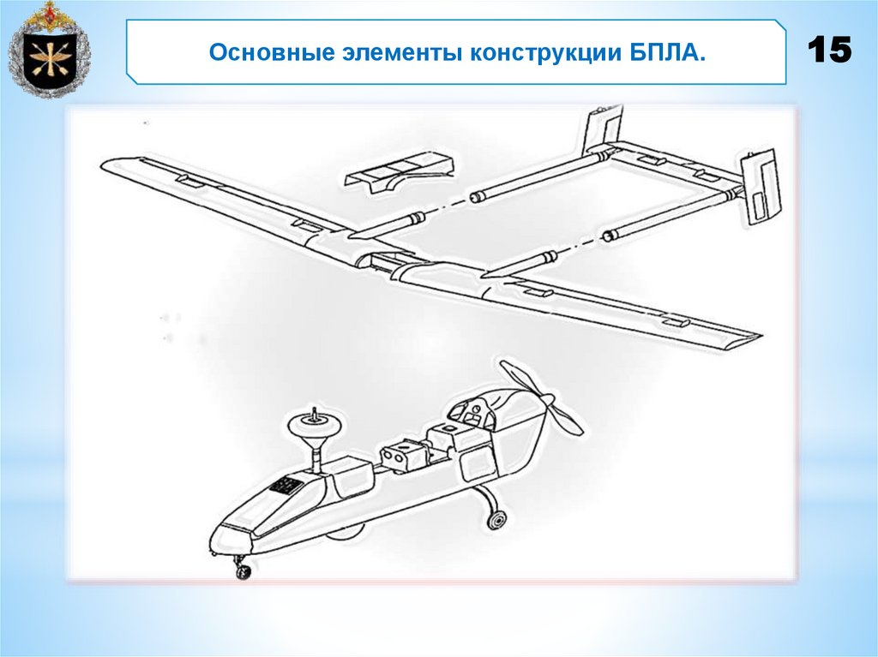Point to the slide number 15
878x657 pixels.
point(829,51)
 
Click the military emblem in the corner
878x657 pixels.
point(48,50)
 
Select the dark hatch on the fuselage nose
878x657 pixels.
point(286,486)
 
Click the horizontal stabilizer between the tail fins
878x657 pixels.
point(669,163)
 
